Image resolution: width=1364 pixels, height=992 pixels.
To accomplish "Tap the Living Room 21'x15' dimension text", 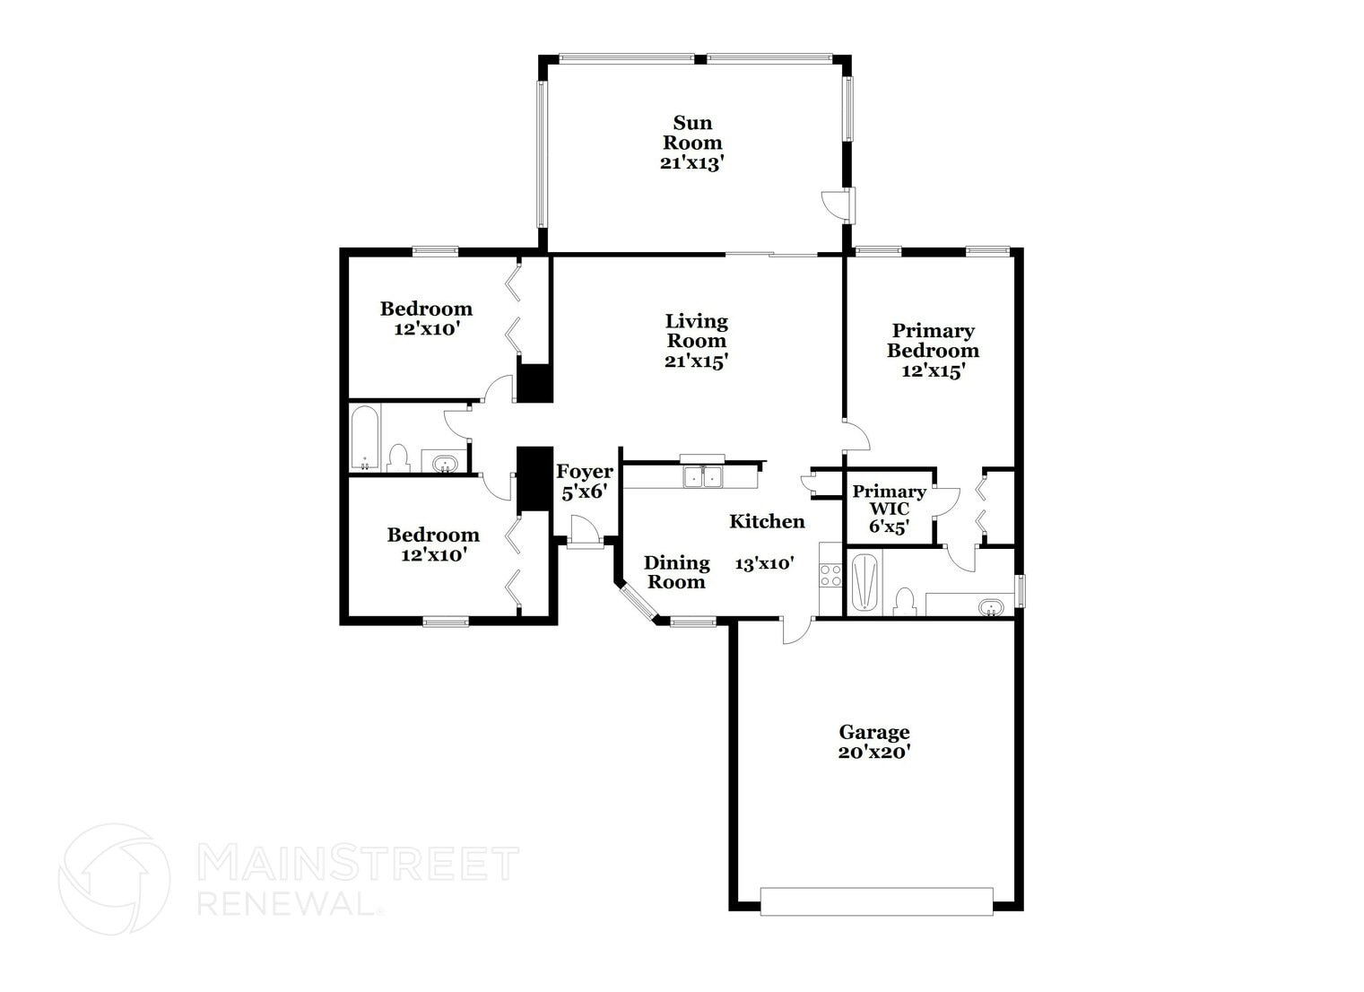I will pos(696,361).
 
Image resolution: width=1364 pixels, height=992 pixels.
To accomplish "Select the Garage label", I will pos(874,733).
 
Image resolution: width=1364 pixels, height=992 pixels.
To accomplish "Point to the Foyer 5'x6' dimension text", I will pos(585,492).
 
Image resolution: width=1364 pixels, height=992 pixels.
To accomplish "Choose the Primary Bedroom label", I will pos(933,341).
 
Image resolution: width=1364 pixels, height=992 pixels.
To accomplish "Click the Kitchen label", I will pos(767,521).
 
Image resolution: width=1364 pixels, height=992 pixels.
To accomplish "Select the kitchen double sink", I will pos(702,476).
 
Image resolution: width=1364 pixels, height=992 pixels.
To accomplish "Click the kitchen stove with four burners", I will pos(830,574).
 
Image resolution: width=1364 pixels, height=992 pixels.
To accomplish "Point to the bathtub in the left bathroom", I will pos(365,439).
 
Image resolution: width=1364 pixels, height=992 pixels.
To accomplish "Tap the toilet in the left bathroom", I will pos(398,457).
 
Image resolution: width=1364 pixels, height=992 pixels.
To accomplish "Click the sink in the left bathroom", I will pos(444,464).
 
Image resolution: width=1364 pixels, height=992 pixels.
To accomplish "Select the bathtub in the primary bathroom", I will pos(864,583).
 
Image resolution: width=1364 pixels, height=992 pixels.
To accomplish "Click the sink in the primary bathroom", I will pos(991,606).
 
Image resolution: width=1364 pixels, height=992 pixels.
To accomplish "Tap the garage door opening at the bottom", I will pos(876,901).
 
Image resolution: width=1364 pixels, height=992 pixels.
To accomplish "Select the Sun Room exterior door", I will pos(841,204).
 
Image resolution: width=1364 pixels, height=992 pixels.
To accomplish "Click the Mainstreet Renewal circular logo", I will pos(115,877).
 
